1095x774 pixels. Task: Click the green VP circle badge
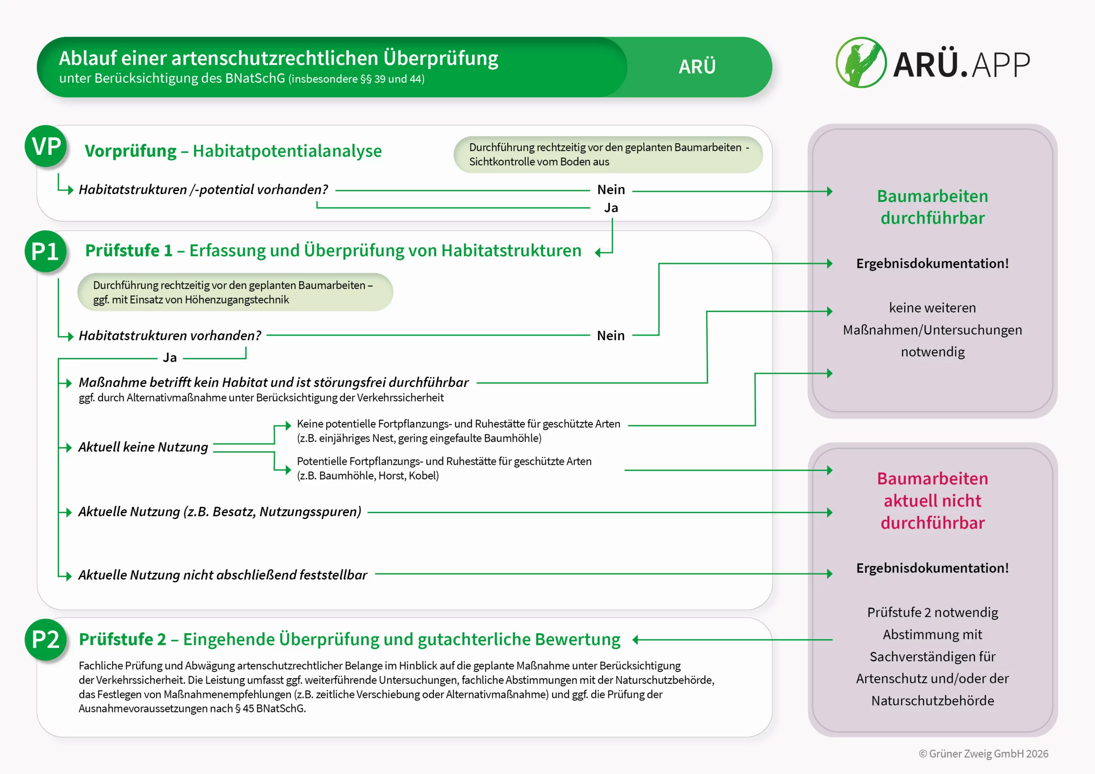click(x=46, y=146)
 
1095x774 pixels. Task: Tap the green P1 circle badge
click(x=46, y=251)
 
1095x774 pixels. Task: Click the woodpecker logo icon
click(x=861, y=62)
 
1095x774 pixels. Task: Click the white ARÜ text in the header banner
click(x=697, y=67)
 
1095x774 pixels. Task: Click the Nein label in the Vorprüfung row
click(x=611, y=190)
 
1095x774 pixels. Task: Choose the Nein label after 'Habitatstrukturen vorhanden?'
click(x=610, y=336)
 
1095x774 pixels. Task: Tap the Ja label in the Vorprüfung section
click(x=611, y=208)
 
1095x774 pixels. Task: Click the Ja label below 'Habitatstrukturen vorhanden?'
click(x=170, y=357)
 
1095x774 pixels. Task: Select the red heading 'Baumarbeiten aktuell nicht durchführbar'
click(x=932, y=501)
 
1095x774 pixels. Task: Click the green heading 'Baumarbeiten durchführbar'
click(x=932, y=207)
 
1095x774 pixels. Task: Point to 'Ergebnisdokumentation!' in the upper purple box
click(x=932, y=263)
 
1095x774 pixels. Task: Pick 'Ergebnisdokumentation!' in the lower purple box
click(x=932, y=568)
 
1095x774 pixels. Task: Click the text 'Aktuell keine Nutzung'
click(x=143, y=447)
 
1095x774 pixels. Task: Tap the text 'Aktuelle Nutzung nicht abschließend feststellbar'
click(x=223, y=575)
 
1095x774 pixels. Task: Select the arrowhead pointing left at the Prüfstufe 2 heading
click(x=636, y=640)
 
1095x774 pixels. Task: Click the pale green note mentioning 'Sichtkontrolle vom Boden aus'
click(x=608, y=154)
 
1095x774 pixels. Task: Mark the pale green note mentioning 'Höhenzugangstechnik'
click(x=235, y=292)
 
